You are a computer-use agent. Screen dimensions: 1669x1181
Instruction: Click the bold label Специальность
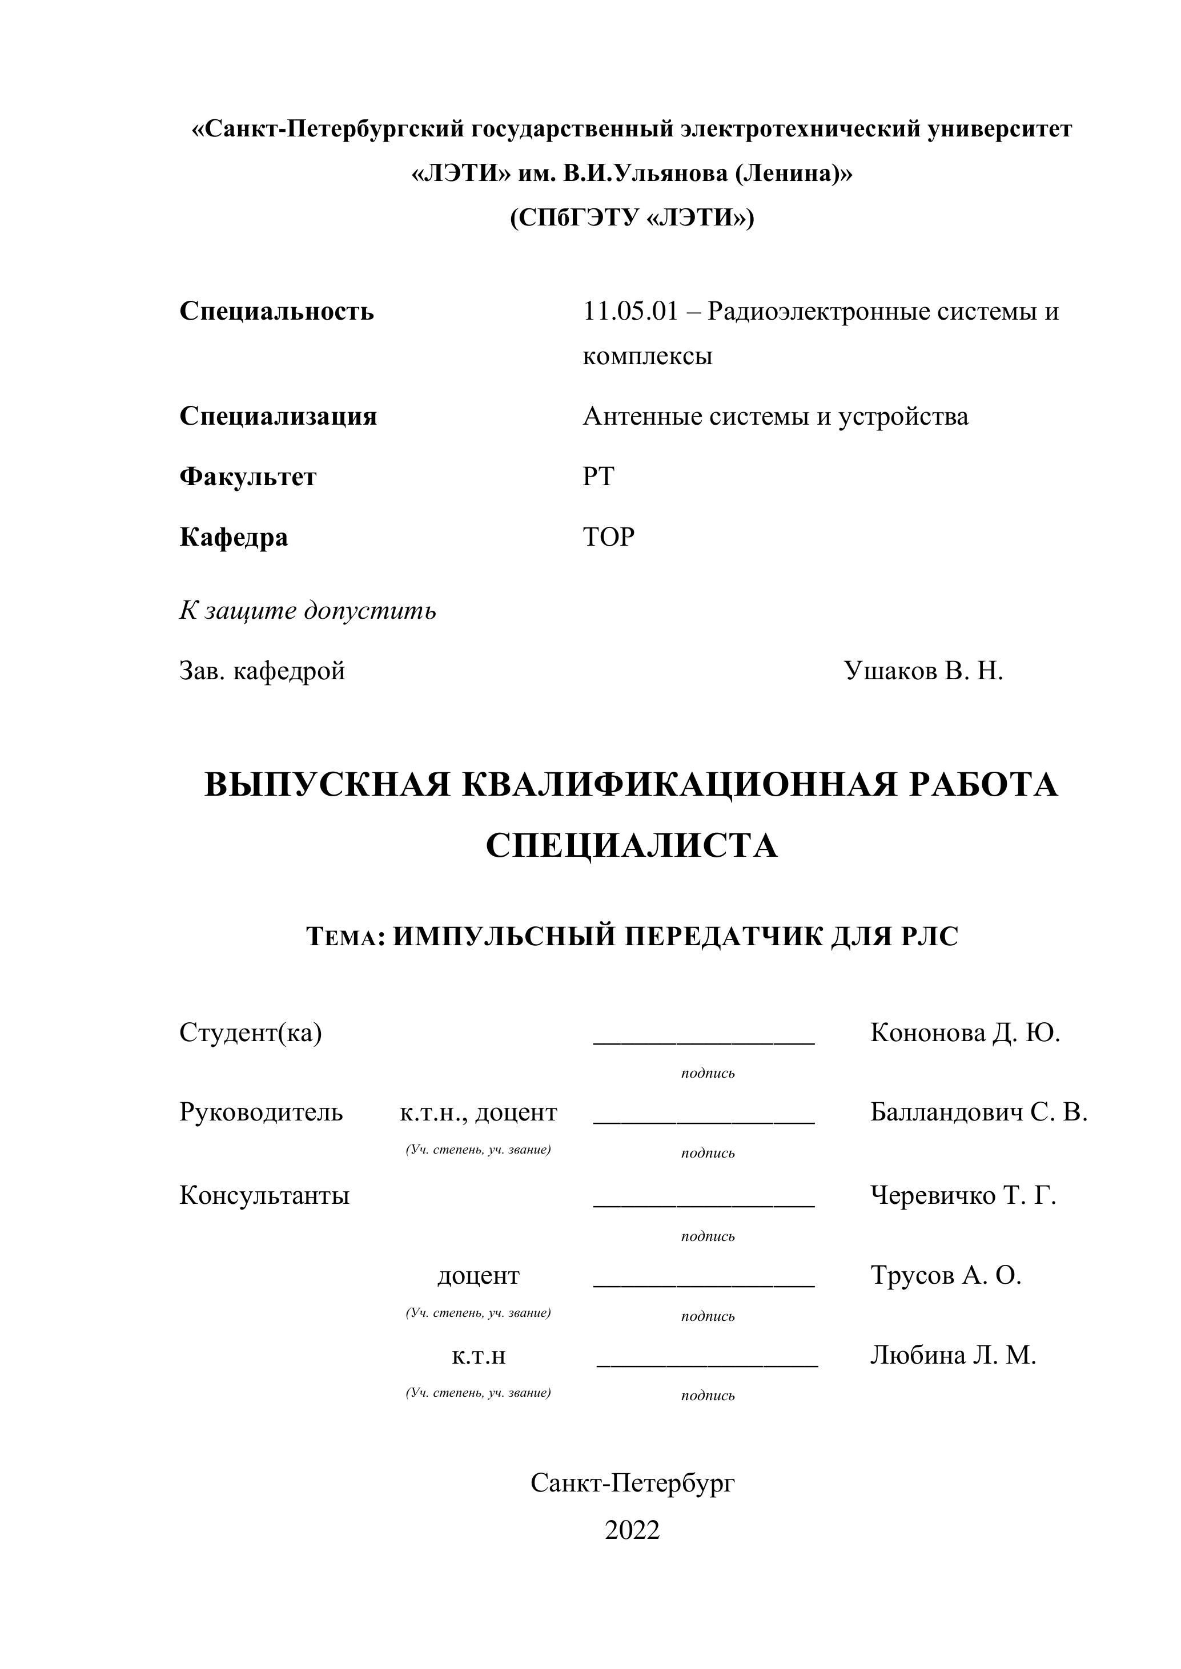(x=276, y=312)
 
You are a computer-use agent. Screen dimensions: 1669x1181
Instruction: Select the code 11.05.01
(x=630, y=312)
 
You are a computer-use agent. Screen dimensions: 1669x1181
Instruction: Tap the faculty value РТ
(x=598, y=477)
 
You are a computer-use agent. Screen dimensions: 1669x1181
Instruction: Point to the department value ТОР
(x=608, y=537)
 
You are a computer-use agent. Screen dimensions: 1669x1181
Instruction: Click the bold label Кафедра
(x=234, y=538)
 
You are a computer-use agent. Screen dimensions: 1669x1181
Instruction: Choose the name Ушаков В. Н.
(x=923, y=671)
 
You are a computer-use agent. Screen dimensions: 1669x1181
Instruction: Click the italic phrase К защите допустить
(x=308, y=611)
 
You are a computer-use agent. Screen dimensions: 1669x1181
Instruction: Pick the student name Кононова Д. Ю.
(x=965, y=1033)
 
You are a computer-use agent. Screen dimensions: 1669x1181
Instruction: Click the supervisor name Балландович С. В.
(x=978, y=1113)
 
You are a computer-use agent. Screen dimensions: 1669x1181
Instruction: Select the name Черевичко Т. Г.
(x=963, y=1196)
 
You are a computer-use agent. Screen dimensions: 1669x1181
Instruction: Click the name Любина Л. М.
(x=953, y=1356)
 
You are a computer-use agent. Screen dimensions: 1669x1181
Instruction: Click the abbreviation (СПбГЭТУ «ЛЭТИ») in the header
(x=632, y=218)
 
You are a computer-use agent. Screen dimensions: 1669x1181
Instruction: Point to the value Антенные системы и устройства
(x=775, y=417)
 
